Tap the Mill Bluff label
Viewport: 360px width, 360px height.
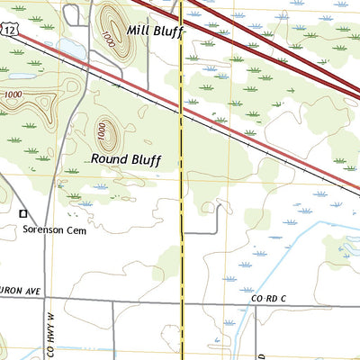(155, 31)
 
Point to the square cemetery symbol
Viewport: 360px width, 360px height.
(23, 213)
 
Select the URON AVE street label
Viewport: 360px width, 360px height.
(21, 291)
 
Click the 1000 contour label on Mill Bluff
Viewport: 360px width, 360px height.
(108, 39)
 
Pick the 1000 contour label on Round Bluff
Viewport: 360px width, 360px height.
(101, 133)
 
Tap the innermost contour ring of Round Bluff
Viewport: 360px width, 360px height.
(108, 133)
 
